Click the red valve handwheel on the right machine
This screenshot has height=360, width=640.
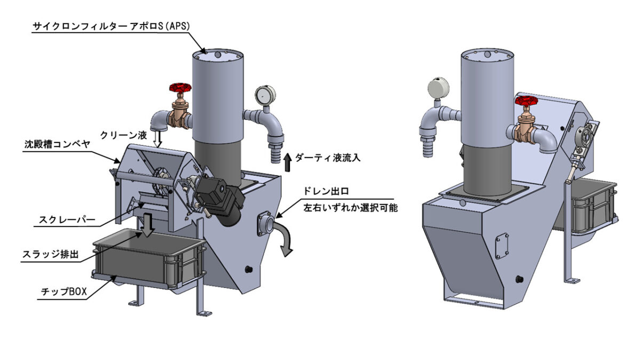526,101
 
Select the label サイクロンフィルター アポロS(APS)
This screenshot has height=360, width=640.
111,26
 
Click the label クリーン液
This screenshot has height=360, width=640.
123,134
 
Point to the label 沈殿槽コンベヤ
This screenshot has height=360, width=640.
57,145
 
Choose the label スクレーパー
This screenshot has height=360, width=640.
67,219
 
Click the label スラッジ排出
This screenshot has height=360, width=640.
50,254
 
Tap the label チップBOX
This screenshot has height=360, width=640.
63,291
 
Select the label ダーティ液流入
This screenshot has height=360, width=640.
327,157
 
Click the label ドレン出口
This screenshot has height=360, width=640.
326,191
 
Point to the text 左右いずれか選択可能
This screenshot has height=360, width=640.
350,207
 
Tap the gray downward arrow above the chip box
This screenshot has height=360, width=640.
148,225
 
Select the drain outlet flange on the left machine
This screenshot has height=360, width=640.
266,223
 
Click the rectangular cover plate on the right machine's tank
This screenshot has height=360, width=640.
502,246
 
